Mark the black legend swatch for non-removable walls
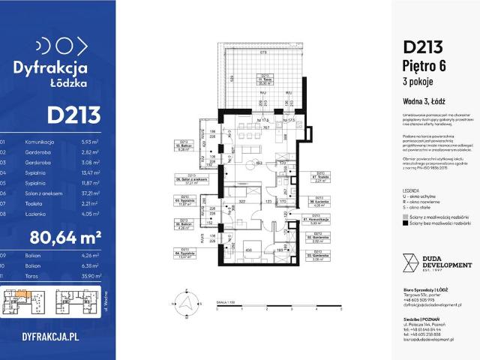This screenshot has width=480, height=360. pyautogui.click(x=405, y=223)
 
